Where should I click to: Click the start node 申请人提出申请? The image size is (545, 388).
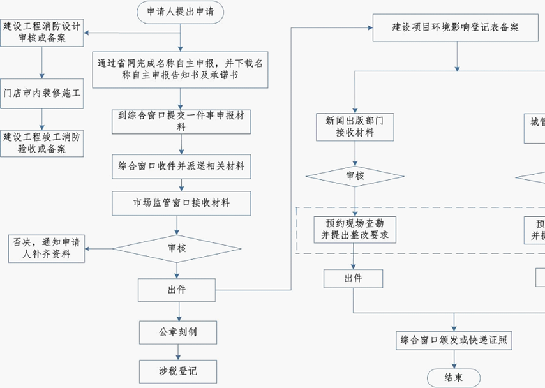click(x=181, y=11)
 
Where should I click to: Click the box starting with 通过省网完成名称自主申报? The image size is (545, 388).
click(x=181, y=70)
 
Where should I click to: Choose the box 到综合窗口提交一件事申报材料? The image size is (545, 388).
click(x=181, y=121)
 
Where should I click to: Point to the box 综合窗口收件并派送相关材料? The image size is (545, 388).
click(x=181, y=167)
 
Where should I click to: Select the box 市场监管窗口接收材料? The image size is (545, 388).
click(x=181, y=203)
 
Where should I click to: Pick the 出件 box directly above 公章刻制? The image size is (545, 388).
click(x=177, y=290)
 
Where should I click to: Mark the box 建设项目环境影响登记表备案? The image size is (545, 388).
click(x=455, y=29)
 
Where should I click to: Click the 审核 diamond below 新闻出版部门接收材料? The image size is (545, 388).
click(x=355, y=176)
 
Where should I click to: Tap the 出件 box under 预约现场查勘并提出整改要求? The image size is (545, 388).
click(x=353, y=279)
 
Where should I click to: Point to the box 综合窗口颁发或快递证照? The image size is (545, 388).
click(x=454, y=340)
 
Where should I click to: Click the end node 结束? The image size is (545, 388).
click(x=454, y=377)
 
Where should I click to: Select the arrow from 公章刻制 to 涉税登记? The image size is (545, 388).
click(x=179, y=352)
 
